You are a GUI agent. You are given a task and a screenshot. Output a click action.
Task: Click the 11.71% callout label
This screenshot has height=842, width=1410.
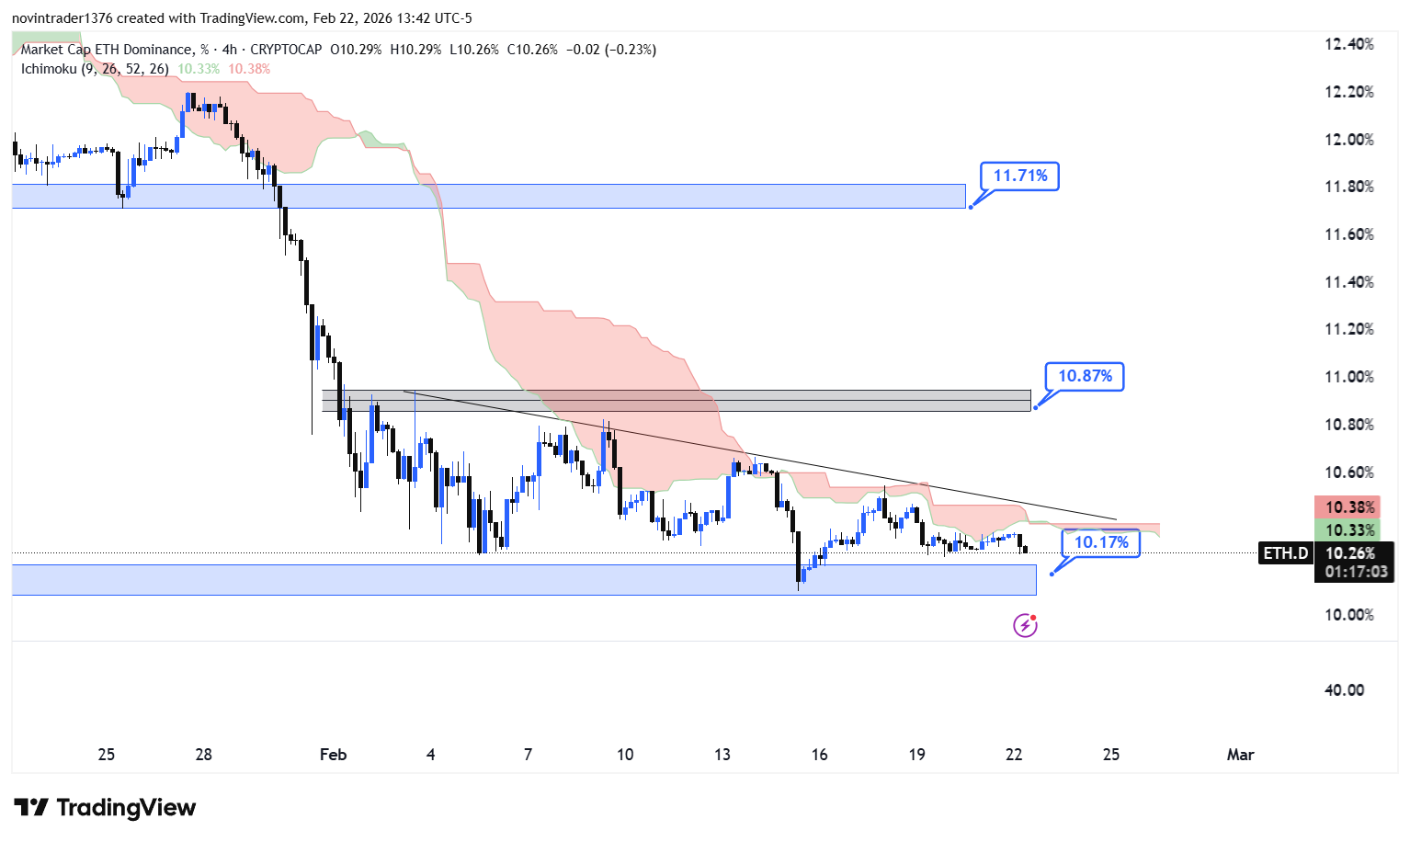(1019, 176)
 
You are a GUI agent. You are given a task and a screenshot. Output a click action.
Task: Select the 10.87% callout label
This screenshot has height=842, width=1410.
(1085, 376)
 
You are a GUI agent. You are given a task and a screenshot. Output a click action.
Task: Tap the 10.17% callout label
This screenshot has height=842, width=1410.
(1101, 542)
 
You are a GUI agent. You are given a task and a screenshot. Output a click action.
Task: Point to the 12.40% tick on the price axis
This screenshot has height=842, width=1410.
(1348, 44)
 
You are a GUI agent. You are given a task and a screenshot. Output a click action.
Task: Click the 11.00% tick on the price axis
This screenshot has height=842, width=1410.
(1348, 377)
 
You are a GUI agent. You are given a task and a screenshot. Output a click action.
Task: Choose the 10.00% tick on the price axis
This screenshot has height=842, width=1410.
(1348, 615)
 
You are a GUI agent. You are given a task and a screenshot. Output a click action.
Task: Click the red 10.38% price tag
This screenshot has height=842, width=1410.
(1349, 507)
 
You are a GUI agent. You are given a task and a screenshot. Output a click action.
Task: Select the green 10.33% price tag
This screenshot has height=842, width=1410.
(1349, 530)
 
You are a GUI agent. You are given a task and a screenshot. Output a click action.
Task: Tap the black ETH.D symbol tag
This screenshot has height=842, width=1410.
(1285, 553)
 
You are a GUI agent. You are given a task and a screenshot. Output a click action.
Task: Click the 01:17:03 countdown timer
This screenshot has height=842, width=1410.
(1356, 572)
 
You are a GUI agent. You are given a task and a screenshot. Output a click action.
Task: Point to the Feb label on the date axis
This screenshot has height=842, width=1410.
(333, 755)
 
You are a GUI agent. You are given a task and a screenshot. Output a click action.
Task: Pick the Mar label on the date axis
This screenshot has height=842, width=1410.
(1240, 755)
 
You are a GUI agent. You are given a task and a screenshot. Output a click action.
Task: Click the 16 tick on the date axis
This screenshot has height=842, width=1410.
(819, 755)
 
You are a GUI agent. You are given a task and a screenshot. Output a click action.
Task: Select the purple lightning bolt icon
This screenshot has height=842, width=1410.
(1025, 626)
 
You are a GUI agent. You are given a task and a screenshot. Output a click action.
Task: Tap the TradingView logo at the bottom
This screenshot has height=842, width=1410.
(105, 808)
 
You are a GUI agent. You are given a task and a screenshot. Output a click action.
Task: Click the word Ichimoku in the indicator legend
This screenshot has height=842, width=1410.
(49, 69)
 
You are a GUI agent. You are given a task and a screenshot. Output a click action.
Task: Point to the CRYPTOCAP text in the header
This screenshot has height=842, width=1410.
(286, 50)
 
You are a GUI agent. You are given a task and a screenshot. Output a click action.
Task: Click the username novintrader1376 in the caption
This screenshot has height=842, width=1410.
(62, 18)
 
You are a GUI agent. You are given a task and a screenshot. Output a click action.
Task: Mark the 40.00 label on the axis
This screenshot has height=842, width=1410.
(1344, 690)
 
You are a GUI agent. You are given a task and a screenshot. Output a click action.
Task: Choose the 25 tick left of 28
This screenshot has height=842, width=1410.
(107, 755)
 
